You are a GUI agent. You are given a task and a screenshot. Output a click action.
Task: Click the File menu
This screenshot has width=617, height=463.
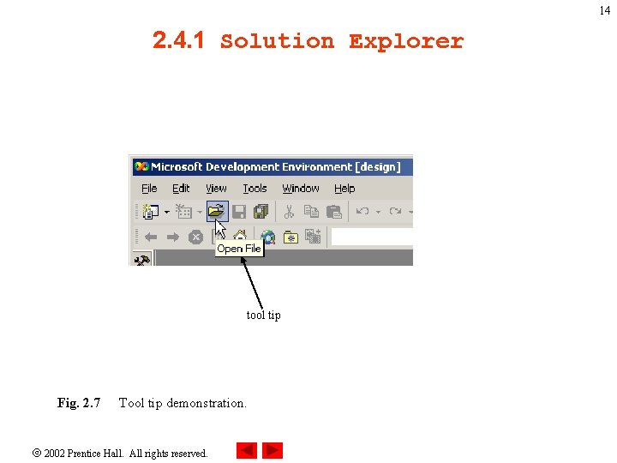[149, 189]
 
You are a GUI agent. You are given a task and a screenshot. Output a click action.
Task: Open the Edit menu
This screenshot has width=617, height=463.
[181, 189]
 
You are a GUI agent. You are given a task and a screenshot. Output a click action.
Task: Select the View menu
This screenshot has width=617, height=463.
[216, 189]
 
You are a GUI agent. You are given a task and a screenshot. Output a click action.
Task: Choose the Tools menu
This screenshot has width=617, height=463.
[255, 189]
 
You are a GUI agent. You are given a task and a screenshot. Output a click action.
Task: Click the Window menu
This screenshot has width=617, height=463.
[301, 189]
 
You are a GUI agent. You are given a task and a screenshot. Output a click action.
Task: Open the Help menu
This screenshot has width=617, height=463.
[344, 189]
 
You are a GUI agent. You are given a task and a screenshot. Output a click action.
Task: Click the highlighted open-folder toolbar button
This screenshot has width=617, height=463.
[217, 211]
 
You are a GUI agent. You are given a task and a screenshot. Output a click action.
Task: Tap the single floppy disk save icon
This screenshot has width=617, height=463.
[239, 211]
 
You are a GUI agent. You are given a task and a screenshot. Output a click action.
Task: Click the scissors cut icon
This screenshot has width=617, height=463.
[289, 211]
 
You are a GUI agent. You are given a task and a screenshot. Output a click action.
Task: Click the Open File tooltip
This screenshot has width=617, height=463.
[239, 249]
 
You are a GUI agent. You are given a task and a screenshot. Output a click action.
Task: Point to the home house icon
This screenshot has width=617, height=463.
[241, 236]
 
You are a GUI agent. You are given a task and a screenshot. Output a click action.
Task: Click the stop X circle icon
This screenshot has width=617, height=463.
[195, 237]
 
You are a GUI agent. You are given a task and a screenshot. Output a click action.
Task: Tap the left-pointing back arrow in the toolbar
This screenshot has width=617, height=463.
[151, 237]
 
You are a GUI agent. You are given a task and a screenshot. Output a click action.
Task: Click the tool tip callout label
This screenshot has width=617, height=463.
[263, 316]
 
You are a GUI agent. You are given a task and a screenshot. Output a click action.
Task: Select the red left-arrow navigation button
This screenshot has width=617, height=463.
[246, 451]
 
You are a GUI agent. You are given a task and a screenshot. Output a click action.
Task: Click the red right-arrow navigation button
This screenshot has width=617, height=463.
[273, 451]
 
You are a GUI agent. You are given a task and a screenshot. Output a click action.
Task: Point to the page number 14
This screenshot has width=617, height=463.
[605, 11]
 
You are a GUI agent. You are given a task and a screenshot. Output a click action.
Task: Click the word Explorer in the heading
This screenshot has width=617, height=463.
[405, 41]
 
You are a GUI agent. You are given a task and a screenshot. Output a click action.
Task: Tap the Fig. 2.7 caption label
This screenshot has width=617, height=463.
[79, 403]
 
